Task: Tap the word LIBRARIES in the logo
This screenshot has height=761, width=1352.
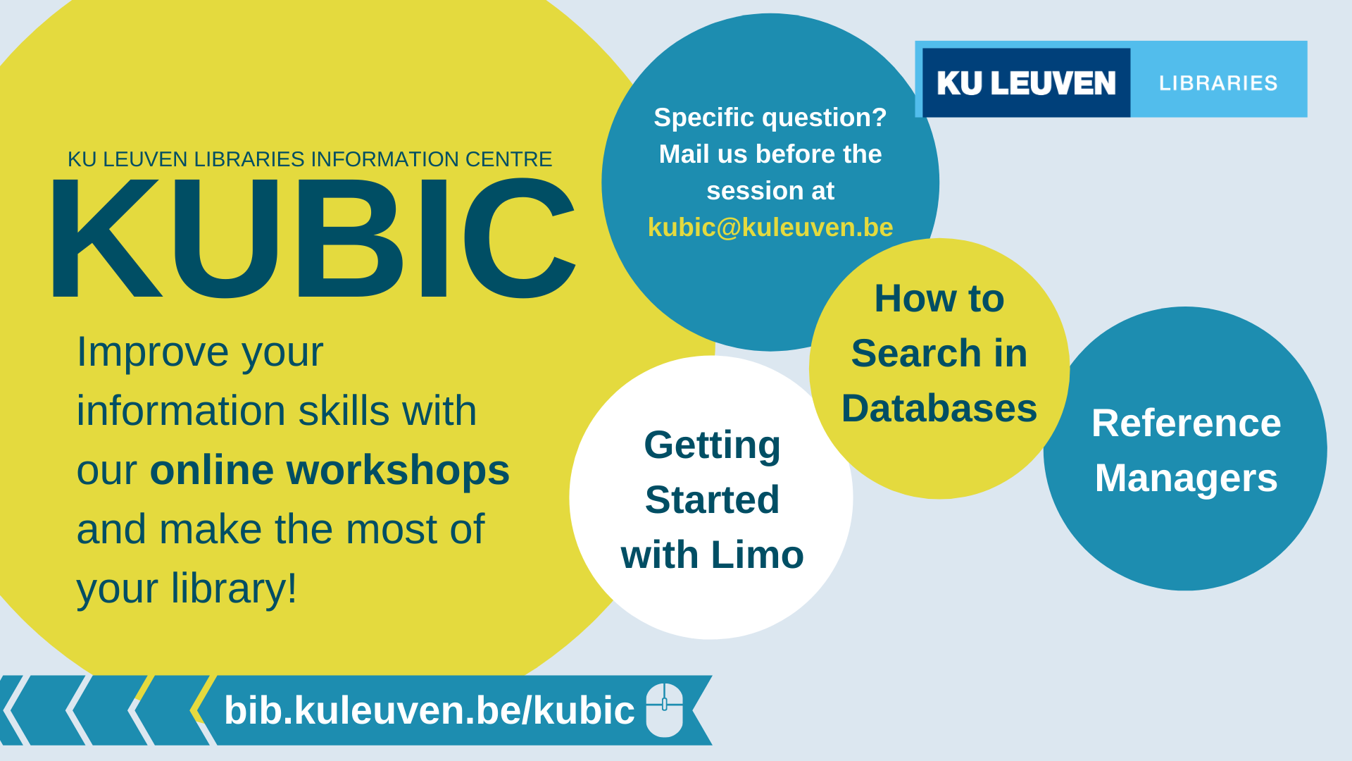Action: pos(1218,83)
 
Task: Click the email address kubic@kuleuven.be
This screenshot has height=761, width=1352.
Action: pos(770,227)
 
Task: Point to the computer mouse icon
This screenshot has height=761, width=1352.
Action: pos(665,710)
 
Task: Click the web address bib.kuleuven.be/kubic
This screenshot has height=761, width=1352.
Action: pos(430,710)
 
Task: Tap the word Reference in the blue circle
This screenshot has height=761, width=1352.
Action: pos(1186,423)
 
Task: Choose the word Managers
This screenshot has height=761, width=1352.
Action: pos(1186,478)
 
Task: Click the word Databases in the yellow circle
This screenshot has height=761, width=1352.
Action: pos(939,408)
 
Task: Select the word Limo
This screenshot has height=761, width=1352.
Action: pos(757,555)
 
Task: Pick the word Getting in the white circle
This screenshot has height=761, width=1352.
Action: pos(712,446)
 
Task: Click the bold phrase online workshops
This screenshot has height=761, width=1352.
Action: pos(330,470)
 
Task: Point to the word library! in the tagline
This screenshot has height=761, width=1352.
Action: pos(234,588)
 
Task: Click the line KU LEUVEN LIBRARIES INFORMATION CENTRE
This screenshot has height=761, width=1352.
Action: pos(310,159)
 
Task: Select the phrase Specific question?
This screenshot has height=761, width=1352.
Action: pos(770,118)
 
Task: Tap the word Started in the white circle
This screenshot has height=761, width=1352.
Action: pos(712,500)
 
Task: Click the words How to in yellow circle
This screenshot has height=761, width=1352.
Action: pos(939,298)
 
